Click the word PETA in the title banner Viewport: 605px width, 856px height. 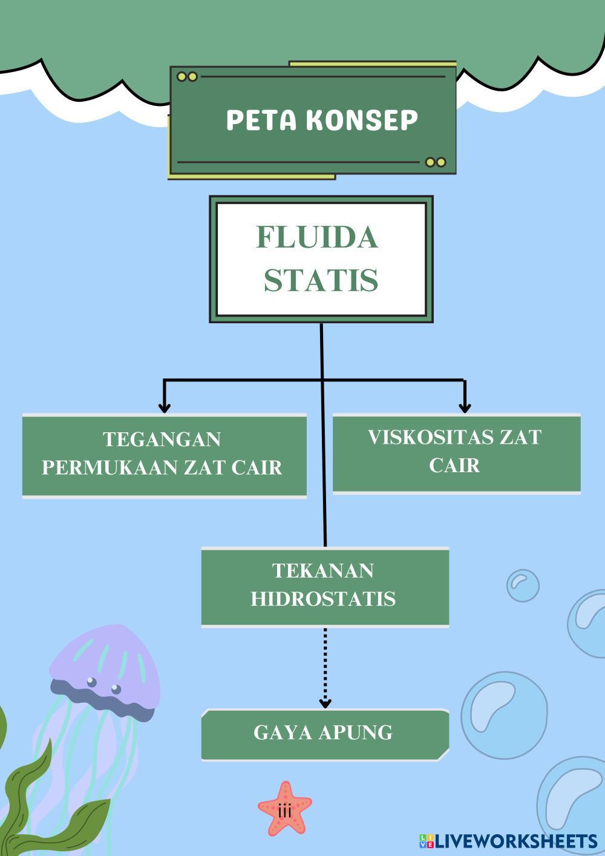pyautogui.click(x=261, y=120)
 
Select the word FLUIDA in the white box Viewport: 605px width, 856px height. pyautogui.click(x=318, y=237)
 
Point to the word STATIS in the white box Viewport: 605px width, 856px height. pyautogui.click(x=321, y=280)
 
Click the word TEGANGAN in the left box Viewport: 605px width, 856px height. pyautogui.click(x=162, y=439)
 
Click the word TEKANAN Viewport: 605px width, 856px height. pyautogui.click(x=323, y=570)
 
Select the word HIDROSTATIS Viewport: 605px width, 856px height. pyautogui.click(x=323, y=598)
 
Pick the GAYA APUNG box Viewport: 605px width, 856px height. pyautogui.click(x=324, y=733)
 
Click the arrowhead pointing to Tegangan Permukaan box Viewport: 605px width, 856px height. pyautogui.click(x=163, y=406)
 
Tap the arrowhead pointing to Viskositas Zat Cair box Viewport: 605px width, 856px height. pyautogui.click(x=464, y=406)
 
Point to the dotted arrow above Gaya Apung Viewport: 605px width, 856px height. pyautogui.click(x=325, y=666)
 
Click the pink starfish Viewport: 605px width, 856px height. pyautogui.click(x=285, y=808)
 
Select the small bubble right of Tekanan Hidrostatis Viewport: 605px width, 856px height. pyautogui.click(x=522, y=585)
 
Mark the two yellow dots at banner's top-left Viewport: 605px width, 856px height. pyautogui.click(x=187, y=77)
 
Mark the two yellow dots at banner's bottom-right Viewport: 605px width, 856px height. pyautogui.click(x=436, y=162)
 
